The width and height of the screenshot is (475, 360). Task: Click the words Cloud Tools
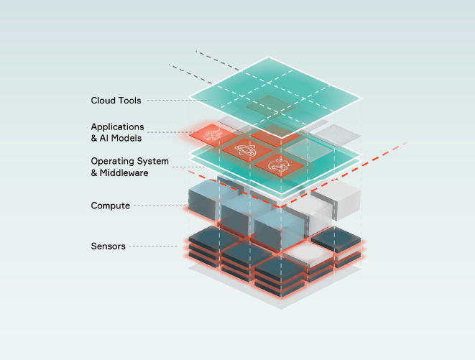(x=116, y=100)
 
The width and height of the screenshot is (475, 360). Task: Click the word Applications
(x=117, y=127)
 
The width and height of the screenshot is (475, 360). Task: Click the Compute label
(x=110, y=206)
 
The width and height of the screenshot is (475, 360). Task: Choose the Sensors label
(x=108, y=246)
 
